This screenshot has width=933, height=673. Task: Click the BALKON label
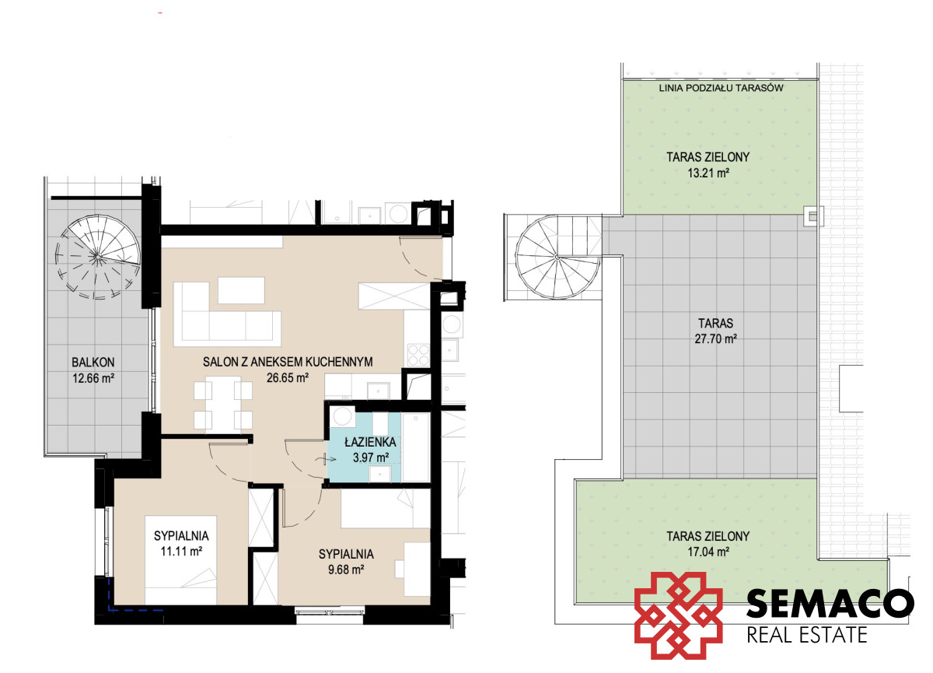(x=93, y=362)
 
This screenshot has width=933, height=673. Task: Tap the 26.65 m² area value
(x=288, y=377)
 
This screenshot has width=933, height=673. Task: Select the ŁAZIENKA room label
(x=370, y=442)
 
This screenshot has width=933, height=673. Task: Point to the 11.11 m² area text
(x=181, y=552)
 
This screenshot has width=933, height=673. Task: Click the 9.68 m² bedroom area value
(x=346, y=570)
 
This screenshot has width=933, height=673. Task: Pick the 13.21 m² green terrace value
(x=708, y=173)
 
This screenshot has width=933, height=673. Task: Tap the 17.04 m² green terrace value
(x=708, y=552)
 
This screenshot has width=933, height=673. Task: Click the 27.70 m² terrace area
(x=715, y=338)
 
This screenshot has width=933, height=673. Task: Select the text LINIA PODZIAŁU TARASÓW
(x=721, y=88)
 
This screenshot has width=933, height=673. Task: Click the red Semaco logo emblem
(x=678, y=615)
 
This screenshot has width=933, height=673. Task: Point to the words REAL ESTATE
(x=807, y=635)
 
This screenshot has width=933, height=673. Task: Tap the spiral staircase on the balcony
(x=97, y=257)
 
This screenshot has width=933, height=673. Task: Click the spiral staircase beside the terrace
(x=558, y=257)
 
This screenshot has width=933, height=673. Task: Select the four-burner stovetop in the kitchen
(x=418, y=355)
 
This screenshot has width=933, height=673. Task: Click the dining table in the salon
(x=223, y=403)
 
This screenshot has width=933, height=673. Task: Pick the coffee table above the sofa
(x=241, y=290)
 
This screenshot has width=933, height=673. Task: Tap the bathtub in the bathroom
(x=416, y=447)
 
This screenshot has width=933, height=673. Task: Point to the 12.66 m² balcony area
(x=93, y=378)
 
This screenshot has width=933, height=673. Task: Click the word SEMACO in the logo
(x=830, y=603)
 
